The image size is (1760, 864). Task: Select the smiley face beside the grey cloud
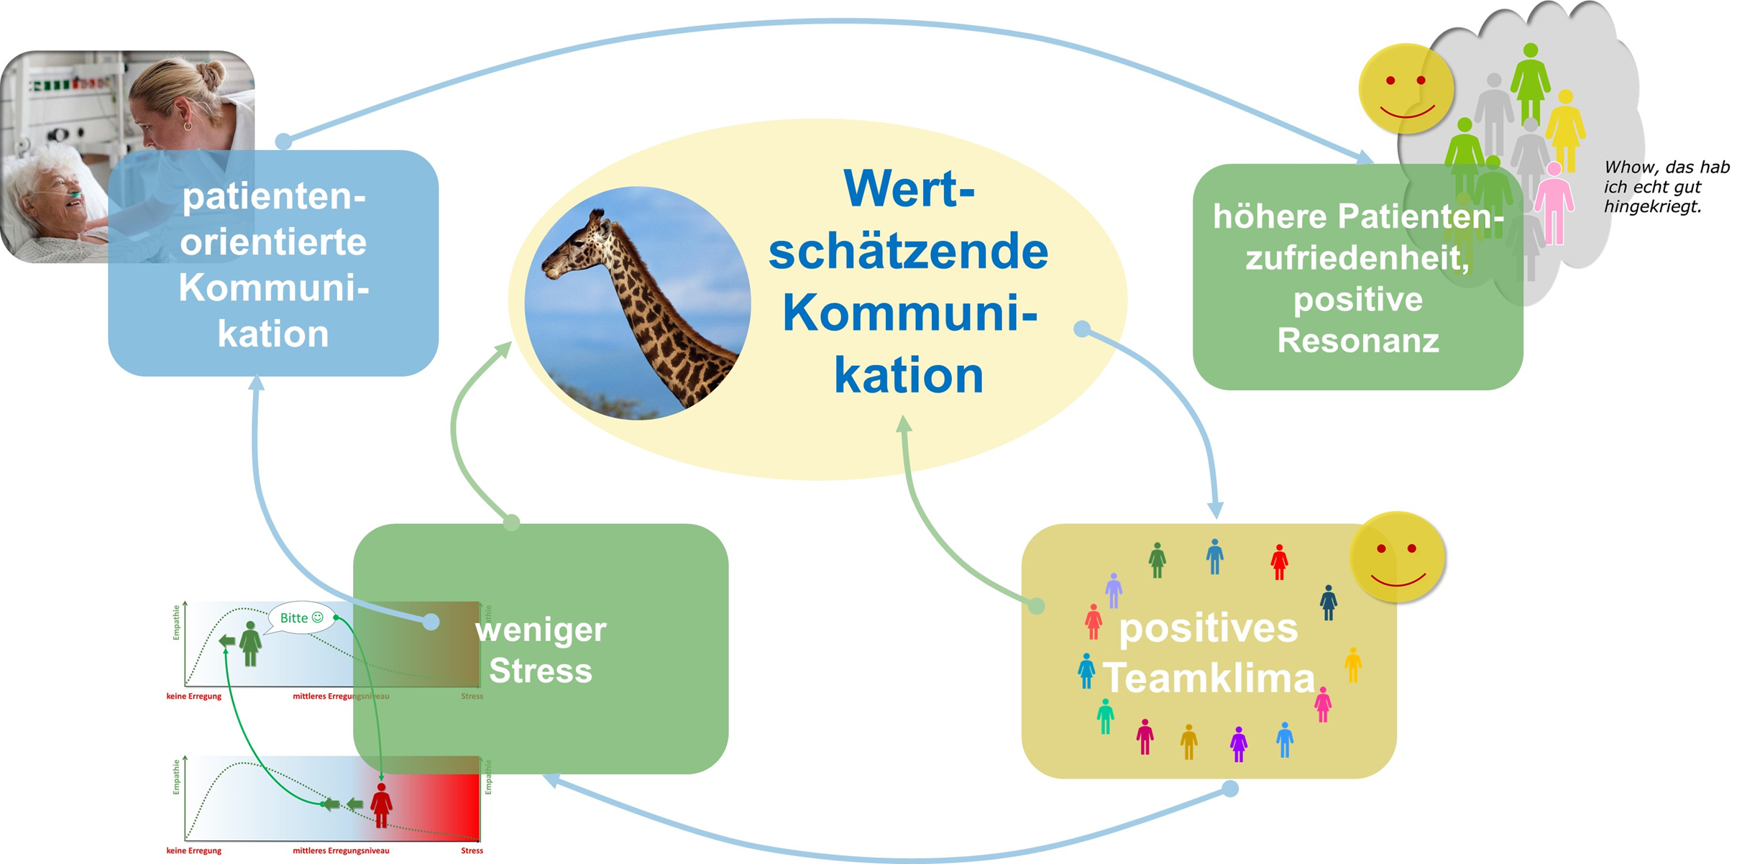tap(1406, 88)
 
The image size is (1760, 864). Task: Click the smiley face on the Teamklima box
tap(1397, 557)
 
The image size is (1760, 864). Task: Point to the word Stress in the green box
tap(541, 671)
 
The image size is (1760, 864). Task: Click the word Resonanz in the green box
tap(1357, 341)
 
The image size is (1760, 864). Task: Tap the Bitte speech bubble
tap(301, 617)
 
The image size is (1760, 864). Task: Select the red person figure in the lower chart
tap(381, 805)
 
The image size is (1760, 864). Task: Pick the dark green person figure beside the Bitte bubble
tap(250, 643)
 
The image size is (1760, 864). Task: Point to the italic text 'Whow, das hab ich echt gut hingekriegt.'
tap(1666, 187)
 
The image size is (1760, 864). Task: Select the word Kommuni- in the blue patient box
tap(273, 288)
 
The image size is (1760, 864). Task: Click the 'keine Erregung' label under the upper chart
tap(193, 696)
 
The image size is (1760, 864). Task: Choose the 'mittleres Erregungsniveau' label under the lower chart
tap(341, 850)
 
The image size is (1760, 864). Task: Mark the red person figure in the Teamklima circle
tap(1278, 561)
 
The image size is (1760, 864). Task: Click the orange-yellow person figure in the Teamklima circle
tap(1352, 664)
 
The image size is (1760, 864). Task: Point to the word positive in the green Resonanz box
tap(1357, 299)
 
